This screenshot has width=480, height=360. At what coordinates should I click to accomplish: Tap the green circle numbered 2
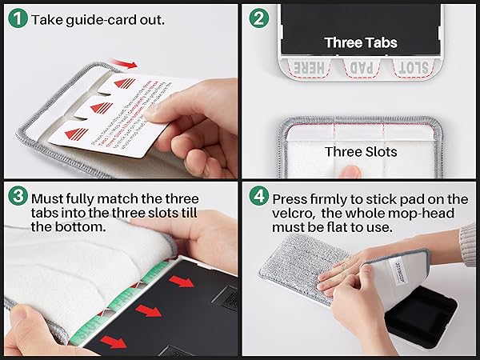258,18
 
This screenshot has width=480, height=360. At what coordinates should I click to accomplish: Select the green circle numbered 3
15,196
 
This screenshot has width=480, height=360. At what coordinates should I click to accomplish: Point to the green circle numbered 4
258,197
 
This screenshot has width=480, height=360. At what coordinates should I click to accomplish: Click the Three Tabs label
360,42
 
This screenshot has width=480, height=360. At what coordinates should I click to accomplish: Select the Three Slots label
360,150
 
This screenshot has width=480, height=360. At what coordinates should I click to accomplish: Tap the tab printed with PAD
360,69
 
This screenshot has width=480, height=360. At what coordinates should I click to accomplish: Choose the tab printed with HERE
308,69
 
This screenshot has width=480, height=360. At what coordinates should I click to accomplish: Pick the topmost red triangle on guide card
124,82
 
